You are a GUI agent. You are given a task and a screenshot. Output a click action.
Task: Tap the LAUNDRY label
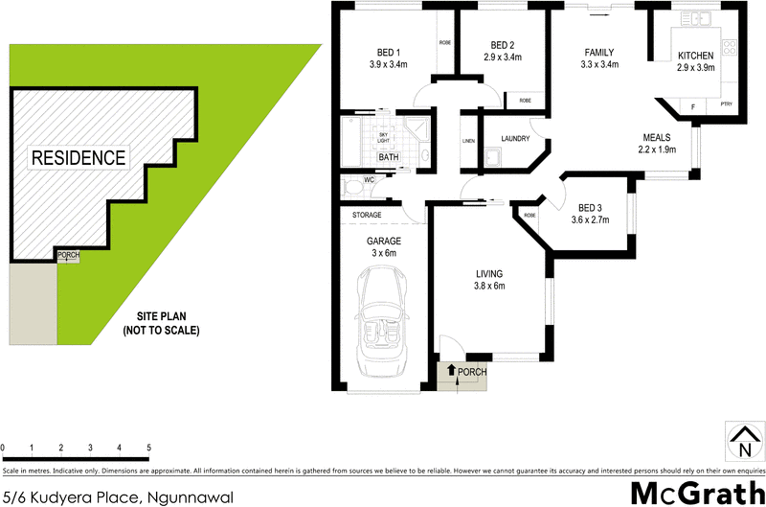tap(514, 139)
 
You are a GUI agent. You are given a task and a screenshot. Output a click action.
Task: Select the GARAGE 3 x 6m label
tap(383, 246)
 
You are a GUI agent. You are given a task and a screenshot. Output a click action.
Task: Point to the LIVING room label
tap(488, 279)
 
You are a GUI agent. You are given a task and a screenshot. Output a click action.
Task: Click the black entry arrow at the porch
tap(452, 370)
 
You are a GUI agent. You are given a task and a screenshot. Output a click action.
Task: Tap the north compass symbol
tap(743, 443)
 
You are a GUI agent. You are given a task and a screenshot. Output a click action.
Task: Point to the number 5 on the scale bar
tap(148, 448)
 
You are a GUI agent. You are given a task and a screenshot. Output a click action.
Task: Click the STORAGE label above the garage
tap(369, 215)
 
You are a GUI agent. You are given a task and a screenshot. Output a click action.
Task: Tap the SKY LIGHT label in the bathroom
tap(383, 138)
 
